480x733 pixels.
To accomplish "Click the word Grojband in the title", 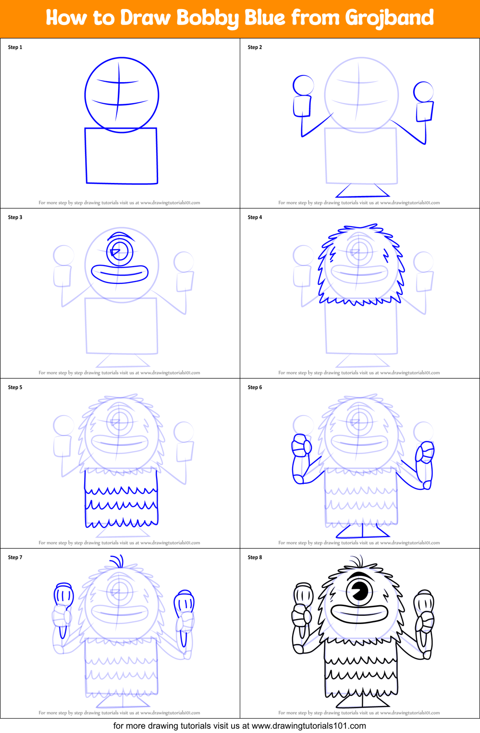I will tap(389, 18).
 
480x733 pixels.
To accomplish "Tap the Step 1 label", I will tap(15, 47).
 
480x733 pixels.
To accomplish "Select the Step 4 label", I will tap(255, 217).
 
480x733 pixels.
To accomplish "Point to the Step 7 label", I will tap(15, 557).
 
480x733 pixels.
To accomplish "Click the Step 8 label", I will tap(255, 557).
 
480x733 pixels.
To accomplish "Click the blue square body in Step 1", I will tap(122, 156).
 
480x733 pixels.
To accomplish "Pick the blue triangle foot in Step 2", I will tap(362, 192).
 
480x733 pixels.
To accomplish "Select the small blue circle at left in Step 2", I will tap(303, 86).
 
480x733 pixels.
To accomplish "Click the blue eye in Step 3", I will tap(119, 251).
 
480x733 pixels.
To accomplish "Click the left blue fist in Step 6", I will tap(301, 446).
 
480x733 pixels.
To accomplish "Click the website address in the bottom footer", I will tap(308, 726).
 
